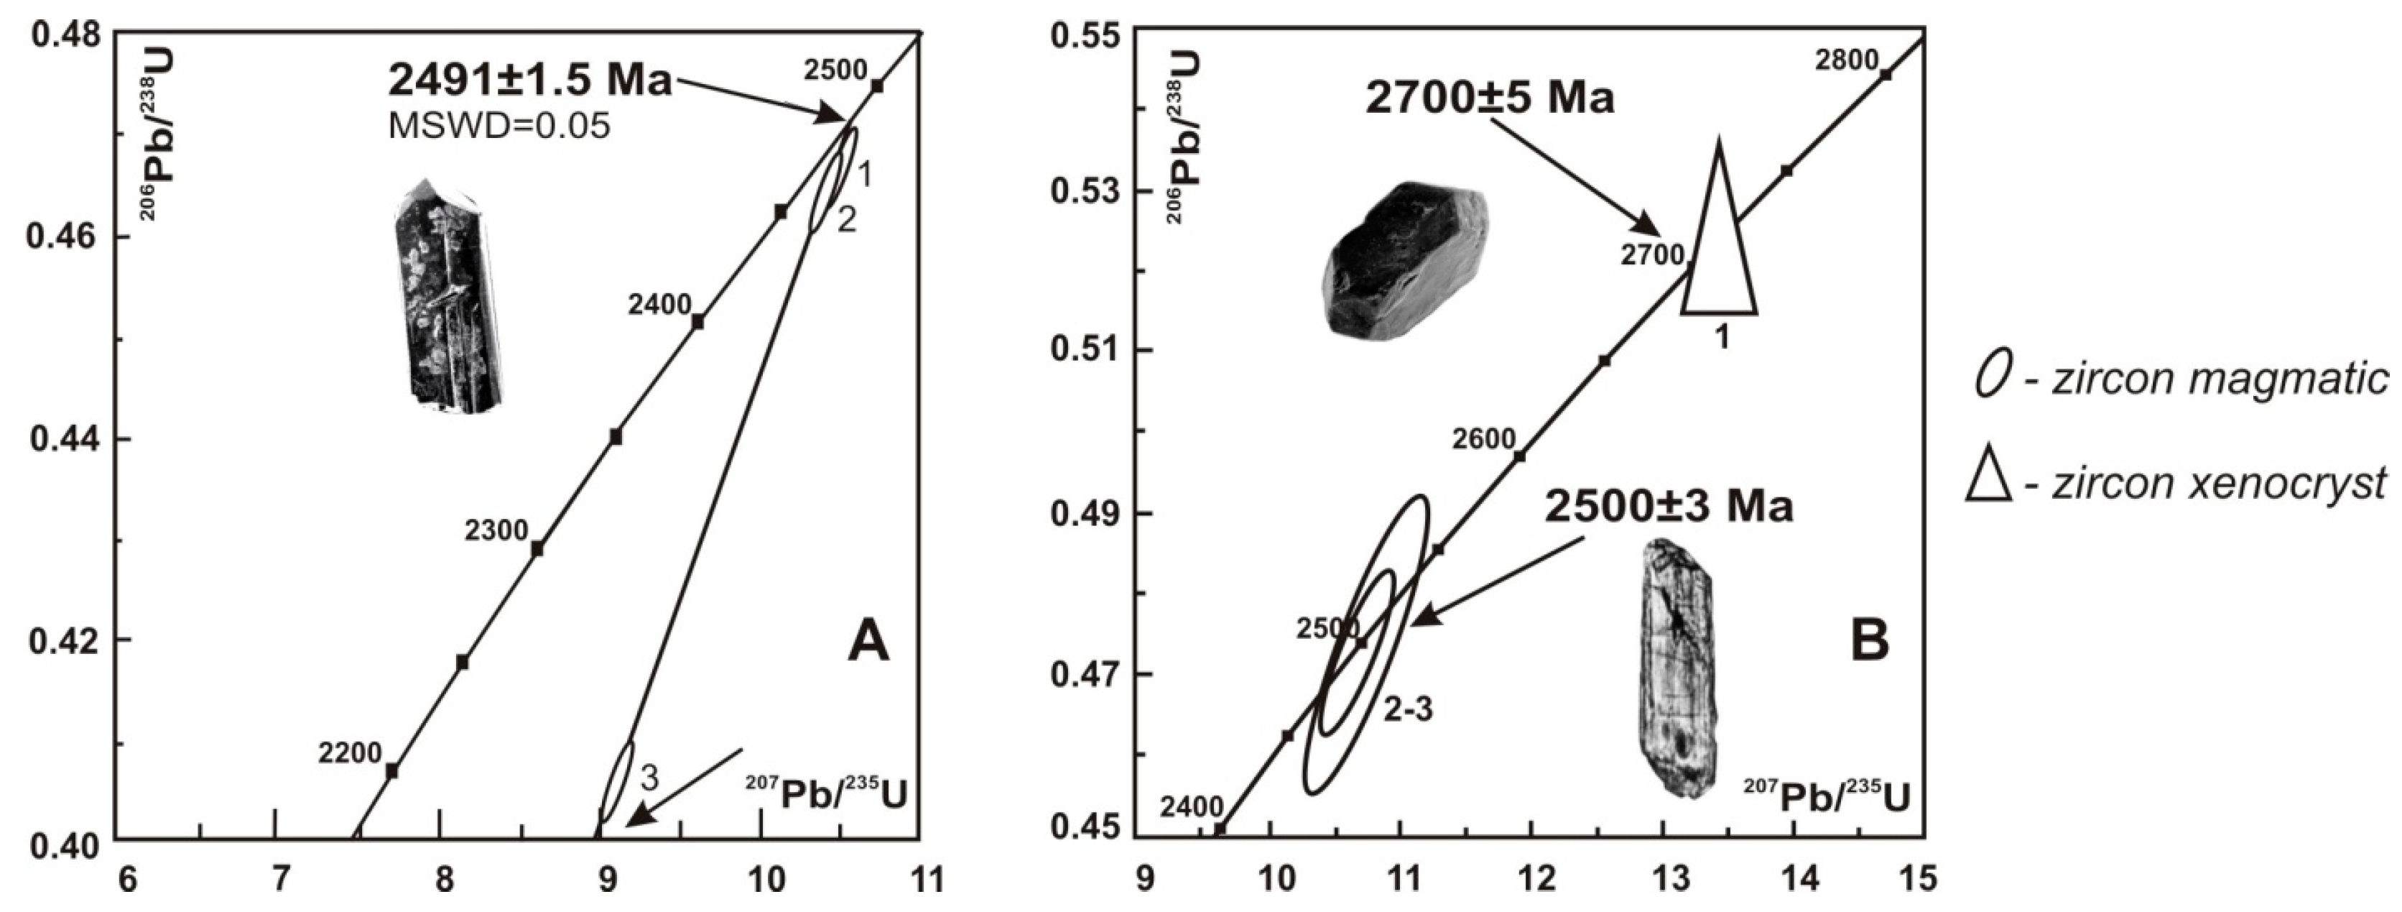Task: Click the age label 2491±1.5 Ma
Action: pos(529,82)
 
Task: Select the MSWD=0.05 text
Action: pos(499,126)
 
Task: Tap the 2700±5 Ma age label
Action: pos(1489,97)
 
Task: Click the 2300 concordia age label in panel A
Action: pos(496,530)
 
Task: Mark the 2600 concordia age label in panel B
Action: pos(1483,438)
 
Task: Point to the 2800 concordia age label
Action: pos(1846,60)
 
